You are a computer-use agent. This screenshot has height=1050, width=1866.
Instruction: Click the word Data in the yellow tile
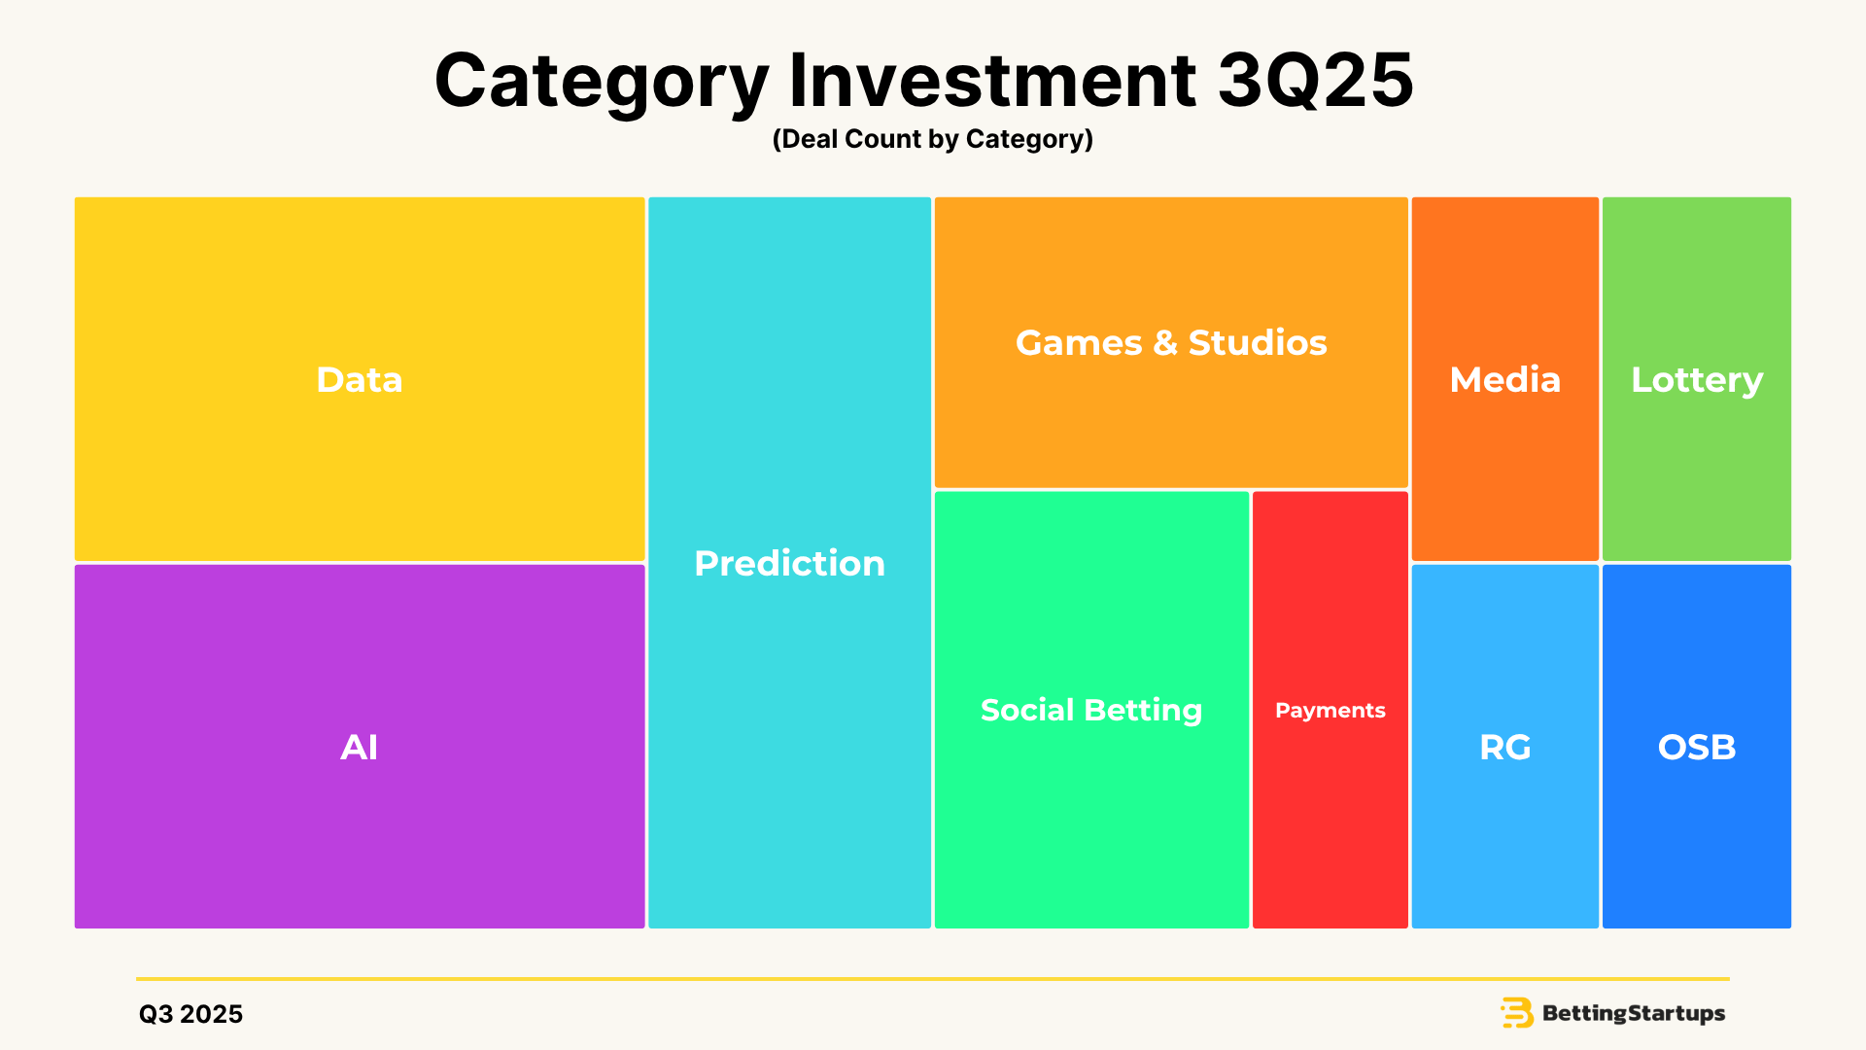point(360,379)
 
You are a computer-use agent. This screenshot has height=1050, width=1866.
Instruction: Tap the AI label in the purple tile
point(360,747)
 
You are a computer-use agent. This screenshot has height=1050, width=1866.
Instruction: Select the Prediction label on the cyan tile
point(789,563)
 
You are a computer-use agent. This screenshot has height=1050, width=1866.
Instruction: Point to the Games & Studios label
point(1171,342)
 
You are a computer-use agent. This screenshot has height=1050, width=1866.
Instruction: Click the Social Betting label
point(1091,711)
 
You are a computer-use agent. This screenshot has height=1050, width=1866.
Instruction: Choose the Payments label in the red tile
point(1330,711)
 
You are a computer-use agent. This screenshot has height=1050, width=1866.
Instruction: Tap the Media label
point(1505,379)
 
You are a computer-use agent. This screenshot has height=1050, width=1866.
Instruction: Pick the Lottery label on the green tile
point(1697,380)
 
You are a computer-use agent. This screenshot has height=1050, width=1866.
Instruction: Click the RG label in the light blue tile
point(1505,747)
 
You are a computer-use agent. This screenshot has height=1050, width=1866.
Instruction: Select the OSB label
point(1697,747)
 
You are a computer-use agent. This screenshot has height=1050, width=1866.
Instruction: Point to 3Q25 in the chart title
point(1316,80)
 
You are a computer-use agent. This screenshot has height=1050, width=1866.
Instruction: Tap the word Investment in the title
point(992,80)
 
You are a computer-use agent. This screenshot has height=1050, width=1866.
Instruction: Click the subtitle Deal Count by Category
point(933,139)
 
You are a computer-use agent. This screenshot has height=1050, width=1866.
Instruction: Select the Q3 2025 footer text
point(191,1014)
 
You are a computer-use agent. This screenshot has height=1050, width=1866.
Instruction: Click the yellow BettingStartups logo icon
point(1517,1013)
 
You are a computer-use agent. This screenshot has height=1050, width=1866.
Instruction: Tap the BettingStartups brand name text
point(1634,1014)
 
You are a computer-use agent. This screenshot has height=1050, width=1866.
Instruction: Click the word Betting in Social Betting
point(1144,711)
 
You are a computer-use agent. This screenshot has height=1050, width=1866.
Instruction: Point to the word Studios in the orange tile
point(1258,342)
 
